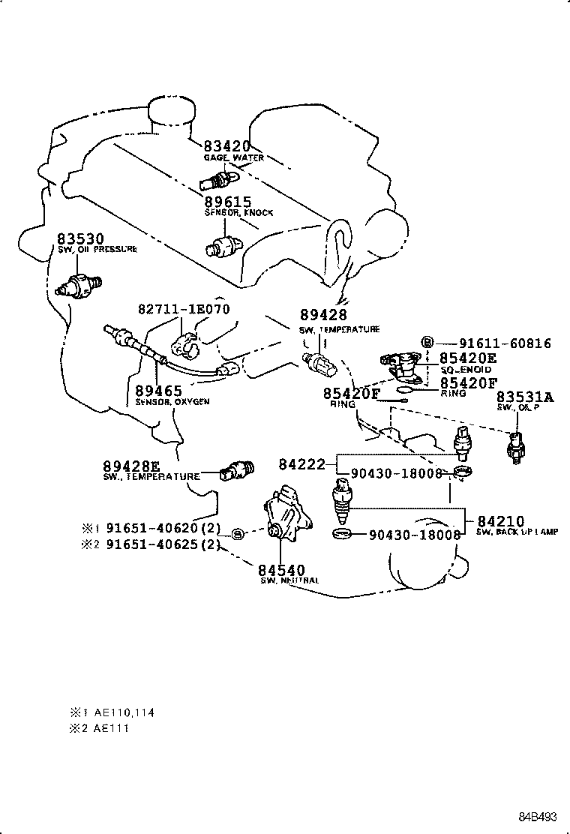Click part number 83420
tap(226, 147)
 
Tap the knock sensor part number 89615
tap(226, 202)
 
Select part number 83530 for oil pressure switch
tap(78, 238)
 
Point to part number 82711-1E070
tap(184, 309)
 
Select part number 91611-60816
tap(494, 343)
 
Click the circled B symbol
tap(427, 343)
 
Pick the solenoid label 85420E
tap(467, 358)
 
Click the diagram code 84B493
tap(540, 815)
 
